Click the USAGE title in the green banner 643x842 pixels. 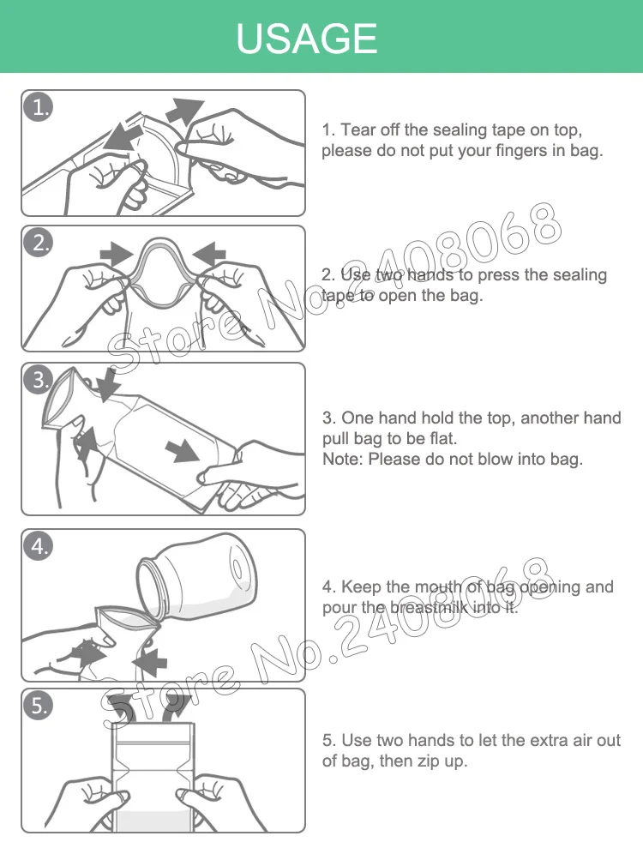pos(306,39)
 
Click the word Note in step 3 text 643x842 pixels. pos(341,459)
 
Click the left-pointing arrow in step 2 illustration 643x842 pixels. pos(208,252)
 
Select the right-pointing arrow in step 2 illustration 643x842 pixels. pos(117,252)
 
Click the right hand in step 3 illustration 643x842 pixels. pos(249,476)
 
